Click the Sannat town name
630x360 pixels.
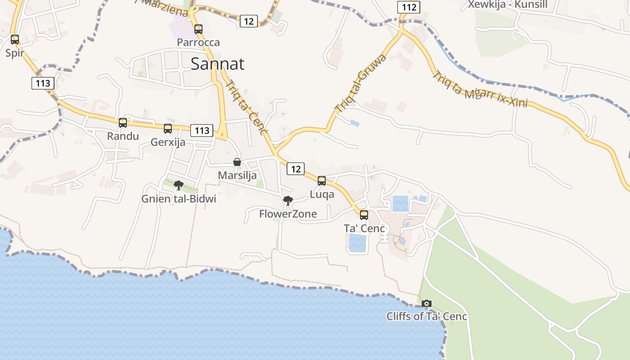[217, 64]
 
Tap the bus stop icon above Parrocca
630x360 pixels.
[198, 29]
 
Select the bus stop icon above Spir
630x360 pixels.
[15, 40]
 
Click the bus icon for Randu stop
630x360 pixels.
[122, 123]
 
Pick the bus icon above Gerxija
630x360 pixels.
[168, 129]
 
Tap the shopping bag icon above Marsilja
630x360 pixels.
[237, 162]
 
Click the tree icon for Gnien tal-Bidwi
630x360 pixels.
[179, 185]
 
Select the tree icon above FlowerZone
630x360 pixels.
[288, 201]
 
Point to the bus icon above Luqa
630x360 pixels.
[322, 181]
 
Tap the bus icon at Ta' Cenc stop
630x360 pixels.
[364, 215]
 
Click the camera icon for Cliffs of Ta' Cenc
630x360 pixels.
[427, 304]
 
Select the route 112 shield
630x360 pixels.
[409, 7]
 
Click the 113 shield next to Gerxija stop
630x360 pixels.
[202, 130]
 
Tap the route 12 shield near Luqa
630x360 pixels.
[295, 169]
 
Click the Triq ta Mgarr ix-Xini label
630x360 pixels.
[480, 89]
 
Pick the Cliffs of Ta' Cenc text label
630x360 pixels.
[427, 316]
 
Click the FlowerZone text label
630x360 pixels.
[288, 214]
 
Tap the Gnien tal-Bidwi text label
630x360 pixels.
[179, 199]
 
